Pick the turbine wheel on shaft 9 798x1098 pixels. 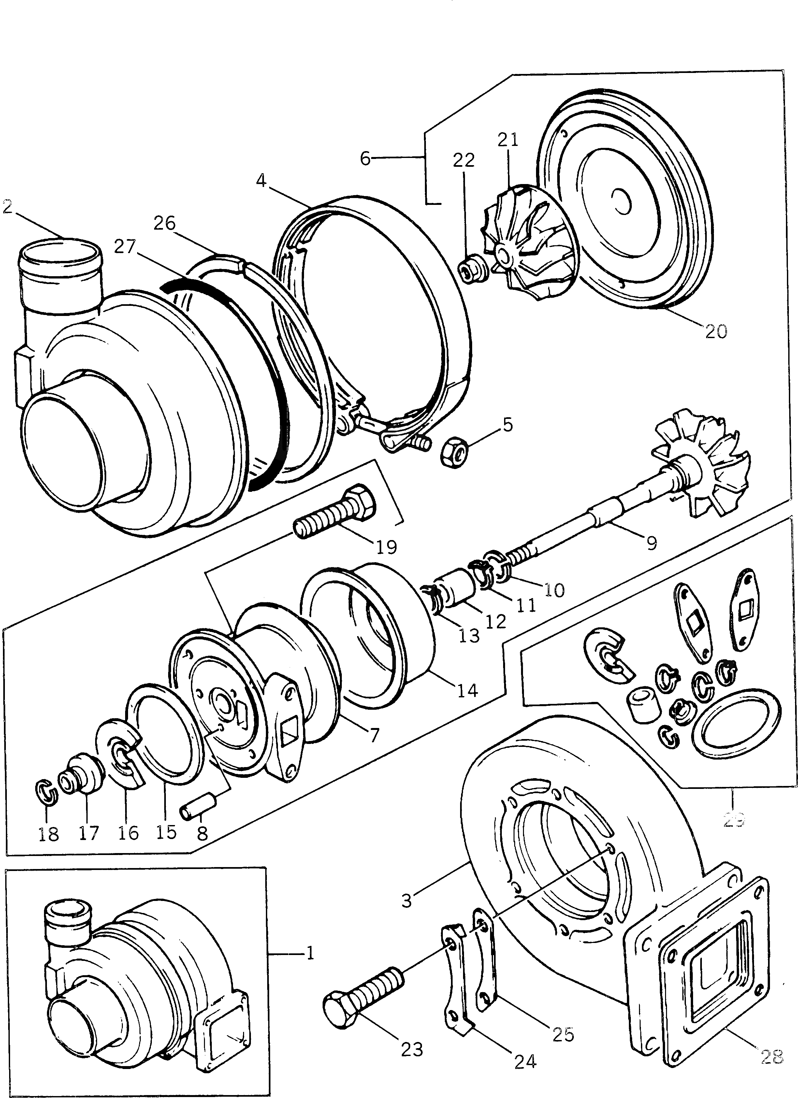(702, 461)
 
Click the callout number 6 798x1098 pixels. (366, 158)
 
